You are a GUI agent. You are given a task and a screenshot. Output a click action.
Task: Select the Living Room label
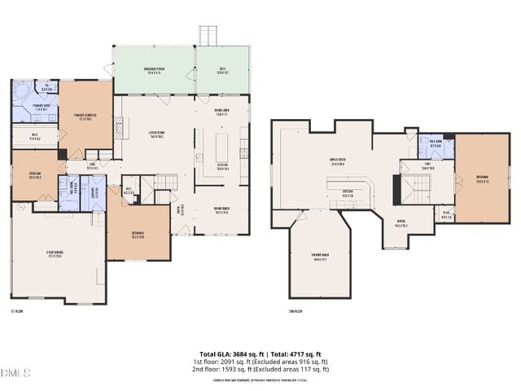point(156,135)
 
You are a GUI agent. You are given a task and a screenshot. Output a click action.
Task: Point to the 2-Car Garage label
point(55,254)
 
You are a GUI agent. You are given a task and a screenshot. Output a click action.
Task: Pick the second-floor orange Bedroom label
point(483,179)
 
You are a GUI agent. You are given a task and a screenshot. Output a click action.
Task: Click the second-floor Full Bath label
point(435,144)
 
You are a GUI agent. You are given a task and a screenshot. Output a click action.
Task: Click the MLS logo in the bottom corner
point(15,373)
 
